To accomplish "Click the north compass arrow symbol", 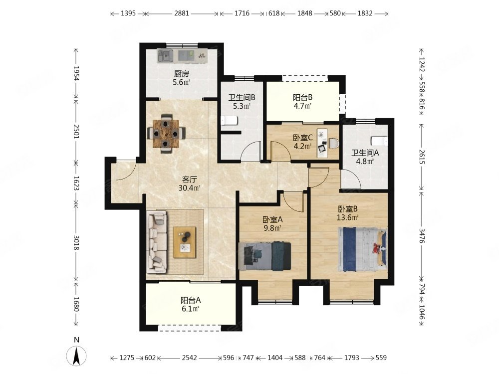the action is click(76, 356).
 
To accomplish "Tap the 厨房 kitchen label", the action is click(182, 74).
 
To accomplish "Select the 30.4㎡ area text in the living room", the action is click(189, 188).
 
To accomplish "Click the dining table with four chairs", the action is click(166, 134).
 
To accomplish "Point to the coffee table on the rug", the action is click(185, 242).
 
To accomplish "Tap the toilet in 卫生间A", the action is click(379, 141).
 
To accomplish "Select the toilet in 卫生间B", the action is click(229, 121).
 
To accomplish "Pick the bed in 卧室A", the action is click(265, 256).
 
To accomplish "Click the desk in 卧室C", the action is click(324, 143).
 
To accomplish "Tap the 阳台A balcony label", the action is click(191, 300).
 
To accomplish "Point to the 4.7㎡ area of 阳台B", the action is click(302, 106).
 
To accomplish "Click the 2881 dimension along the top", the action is click(182, 13).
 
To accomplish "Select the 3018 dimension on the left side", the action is click(76, 242).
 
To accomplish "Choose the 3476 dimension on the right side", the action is click(422, 236).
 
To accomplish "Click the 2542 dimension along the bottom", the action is click(190, 358).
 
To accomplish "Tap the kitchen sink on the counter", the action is click(165, 56).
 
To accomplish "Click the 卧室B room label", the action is click(348, 209).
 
